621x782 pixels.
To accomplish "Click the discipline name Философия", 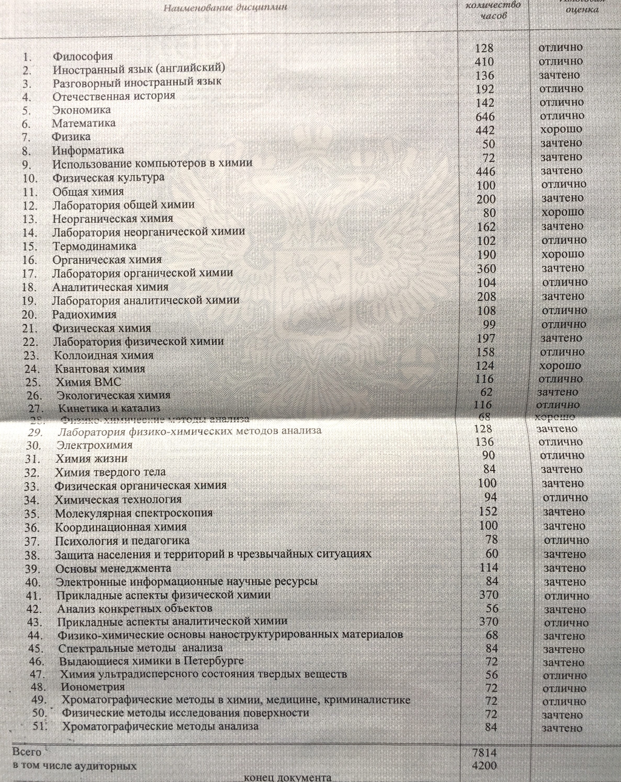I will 83,56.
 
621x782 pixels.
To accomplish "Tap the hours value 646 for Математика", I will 485,116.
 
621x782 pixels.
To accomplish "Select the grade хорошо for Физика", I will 561,129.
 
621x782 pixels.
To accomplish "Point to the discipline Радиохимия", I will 84,314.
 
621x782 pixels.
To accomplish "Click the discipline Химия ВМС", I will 88,382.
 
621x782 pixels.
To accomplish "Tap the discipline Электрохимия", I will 94,445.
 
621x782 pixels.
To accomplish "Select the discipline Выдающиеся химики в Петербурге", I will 151,661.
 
